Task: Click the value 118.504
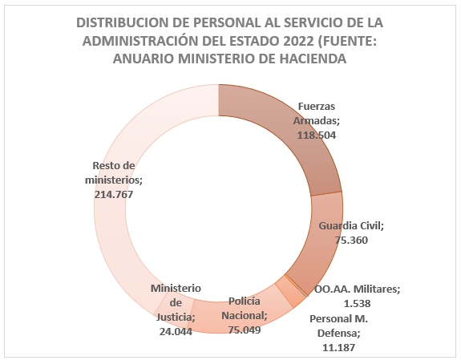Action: tap(317, 136)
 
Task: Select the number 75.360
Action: tap(351, 241)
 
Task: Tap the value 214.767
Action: tap(114, 195)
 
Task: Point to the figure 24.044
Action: tap(176, 331)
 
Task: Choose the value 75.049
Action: tap(245, 330)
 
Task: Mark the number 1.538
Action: tap(358, 303)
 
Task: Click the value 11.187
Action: tap(338, 348)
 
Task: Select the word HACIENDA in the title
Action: tap(313, 59)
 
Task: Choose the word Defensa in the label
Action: tap(338, 334)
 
